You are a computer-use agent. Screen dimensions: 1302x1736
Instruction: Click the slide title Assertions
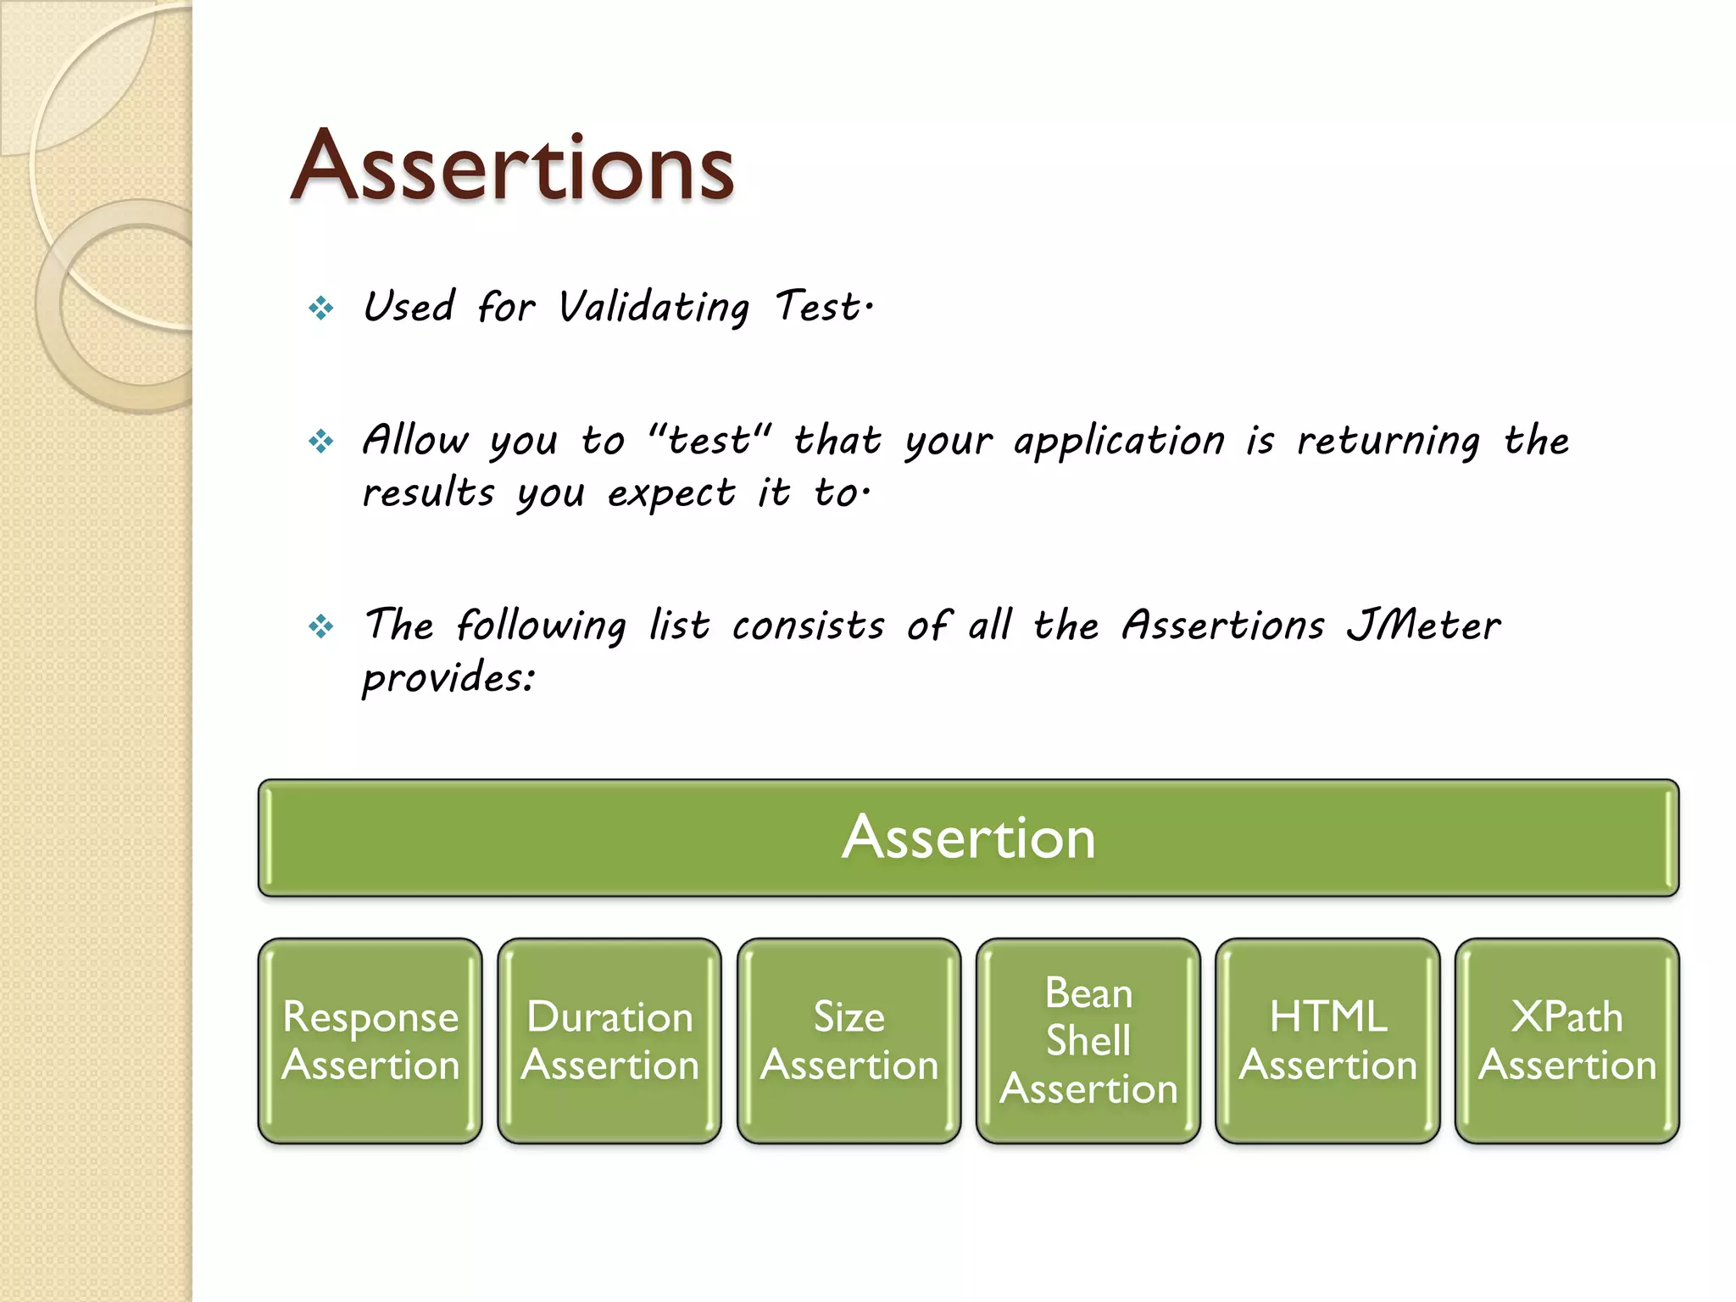click(512, 168)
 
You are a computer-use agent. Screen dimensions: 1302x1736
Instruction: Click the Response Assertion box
click(370, 1041)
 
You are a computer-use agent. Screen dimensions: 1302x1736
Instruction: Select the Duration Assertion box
click(609, 1041)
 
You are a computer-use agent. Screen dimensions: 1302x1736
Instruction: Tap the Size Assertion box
click(849, 1041)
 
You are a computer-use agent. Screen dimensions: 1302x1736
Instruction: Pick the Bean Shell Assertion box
click(1088, 1041)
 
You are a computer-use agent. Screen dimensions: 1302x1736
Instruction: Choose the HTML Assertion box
click(1328, 1041)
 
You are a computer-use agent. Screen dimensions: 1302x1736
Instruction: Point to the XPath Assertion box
click(1567, 1041)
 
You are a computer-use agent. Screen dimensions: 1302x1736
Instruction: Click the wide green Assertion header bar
click(968, 837)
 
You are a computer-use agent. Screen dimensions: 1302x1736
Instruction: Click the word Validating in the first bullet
click(654, 308)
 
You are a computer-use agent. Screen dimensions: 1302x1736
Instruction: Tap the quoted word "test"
click(709, 440)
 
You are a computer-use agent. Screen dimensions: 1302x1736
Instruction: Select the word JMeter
click(1423, 626)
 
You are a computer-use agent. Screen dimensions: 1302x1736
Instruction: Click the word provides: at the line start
click(448, 678)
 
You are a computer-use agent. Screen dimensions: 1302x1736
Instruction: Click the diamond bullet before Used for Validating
click(321, 308)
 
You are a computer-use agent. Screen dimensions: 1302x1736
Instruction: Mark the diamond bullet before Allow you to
click(321, 441)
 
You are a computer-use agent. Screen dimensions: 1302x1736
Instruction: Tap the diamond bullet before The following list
click(321, 627)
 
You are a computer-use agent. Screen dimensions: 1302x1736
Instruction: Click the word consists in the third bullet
click(808, 626)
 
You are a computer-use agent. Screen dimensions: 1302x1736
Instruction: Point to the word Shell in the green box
click(1088, 1040)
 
